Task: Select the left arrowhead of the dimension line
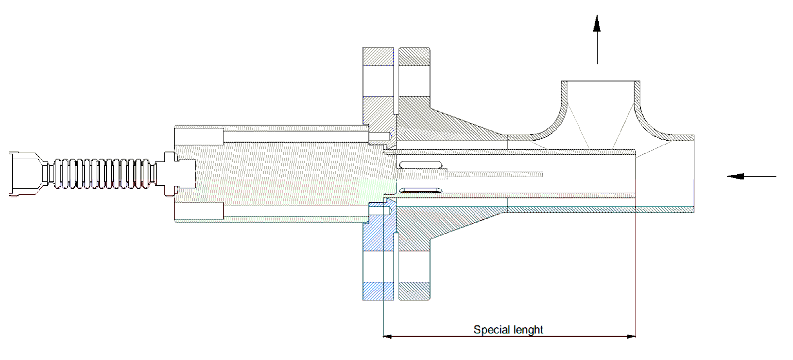pyautogui.click(x=387, y=336)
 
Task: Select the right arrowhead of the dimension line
pyautogui.click(x=631, y=336)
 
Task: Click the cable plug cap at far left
pyautogui.click(x=23, y=174)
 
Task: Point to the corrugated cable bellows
pyautogui.click(x=102, y=174)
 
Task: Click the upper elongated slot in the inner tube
pyautogui.click(x=421, y=165)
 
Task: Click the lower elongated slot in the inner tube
pyautogui.click(x=421, y=189)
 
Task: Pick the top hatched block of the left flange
pyautogui.click(x=378, y=56)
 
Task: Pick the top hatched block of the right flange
pyautogui.click(x=414, y=56)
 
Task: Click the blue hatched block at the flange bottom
pyautogui.click(x=378, y=291)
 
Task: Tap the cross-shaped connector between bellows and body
pyautogui.click(x=169, y=174)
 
